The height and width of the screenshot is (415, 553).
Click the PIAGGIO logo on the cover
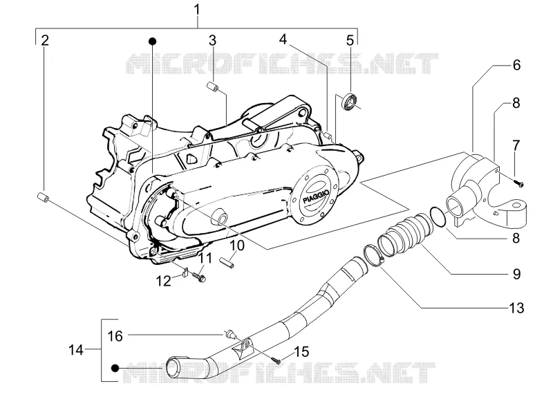(x=317, y=197)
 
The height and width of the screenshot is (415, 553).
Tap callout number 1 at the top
(x=197, y=10)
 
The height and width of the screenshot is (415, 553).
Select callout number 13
(x=516, y=308)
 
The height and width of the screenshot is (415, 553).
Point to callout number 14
(x=76, y=350)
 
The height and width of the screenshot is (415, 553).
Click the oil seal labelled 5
(x=350, y=99)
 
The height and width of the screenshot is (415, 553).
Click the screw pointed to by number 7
(x=519, y=183)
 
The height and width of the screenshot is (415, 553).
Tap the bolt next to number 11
(x=200, y=276)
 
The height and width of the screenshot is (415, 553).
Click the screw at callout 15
(x=276, y=360)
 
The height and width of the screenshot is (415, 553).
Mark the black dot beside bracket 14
(x=115, y=369)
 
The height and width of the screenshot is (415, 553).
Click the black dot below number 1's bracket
(x=152, y=41)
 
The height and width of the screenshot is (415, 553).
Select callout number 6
(x=516, y=65)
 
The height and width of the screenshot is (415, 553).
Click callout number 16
(x=115, y=336)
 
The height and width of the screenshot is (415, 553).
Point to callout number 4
(x=283, y=39)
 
